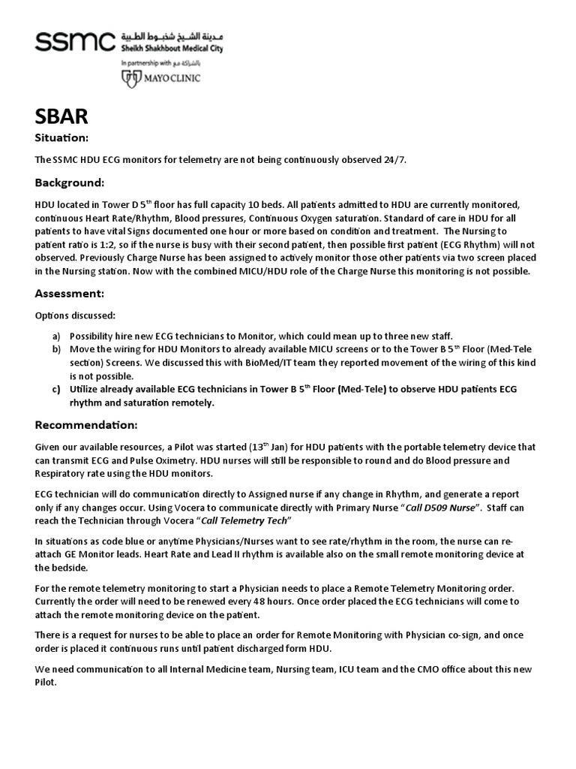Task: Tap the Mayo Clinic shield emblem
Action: [127, 77]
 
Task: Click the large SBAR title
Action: [63, 117]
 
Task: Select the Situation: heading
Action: [62, 138]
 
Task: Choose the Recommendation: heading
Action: [86, 425]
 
